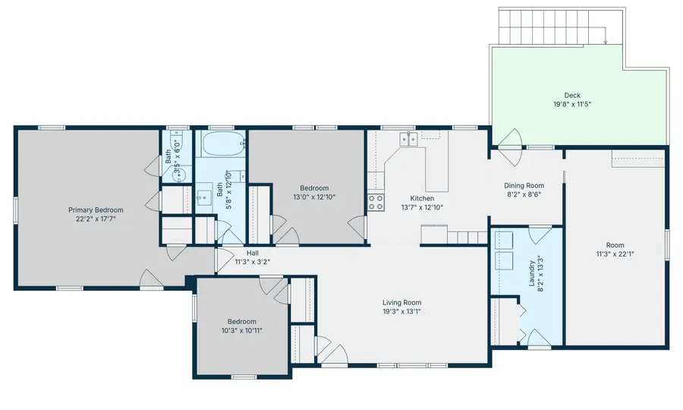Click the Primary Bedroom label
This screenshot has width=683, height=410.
[x=96, y=210]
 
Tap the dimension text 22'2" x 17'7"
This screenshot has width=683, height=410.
[x=96, y=219]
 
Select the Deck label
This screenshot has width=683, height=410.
[x=571, y=96]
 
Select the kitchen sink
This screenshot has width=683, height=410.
[x=409, y=138]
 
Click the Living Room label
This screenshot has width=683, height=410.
[x=401, y=302]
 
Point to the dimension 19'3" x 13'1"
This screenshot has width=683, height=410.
[x=401, y=311]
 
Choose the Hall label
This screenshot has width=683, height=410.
[x=253, y=253]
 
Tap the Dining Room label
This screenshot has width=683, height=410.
[x=524, y=185]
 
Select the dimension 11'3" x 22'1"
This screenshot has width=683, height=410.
[x=615, y=254]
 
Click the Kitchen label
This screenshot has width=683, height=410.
[x=421, y=198]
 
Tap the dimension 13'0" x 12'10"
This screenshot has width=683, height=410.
[x=313, y=197]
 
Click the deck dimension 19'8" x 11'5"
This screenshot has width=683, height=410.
[x=571, y=104]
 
